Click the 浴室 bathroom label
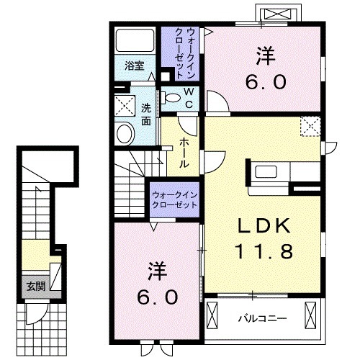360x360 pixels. click(x=135, y=66)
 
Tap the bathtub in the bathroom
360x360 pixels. click(x=135, y=40)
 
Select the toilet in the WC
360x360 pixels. click(x=171, y=98)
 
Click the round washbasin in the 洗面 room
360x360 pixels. click(x=125, y=133)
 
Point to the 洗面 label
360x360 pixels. click(x=145, y=114)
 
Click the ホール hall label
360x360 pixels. click(x=184, y=153)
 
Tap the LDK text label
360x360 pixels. click(x=264, y=226)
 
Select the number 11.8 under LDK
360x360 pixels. click(x=264, y=251)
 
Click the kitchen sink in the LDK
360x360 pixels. click(x=266, y=172)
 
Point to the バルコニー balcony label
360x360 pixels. click(x=262, y=319)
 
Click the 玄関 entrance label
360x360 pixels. click(x=36, y=287)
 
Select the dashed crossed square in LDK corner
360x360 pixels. click(x=310, y=126)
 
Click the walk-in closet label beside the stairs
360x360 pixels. click(x=175, y=199)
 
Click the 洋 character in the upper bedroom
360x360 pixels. click(x=266, y=55)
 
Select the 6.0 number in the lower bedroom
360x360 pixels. click(x=158, y=297)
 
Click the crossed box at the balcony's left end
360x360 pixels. click(x=212, y=315)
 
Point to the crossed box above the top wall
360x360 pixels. click(x=279, y=14)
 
